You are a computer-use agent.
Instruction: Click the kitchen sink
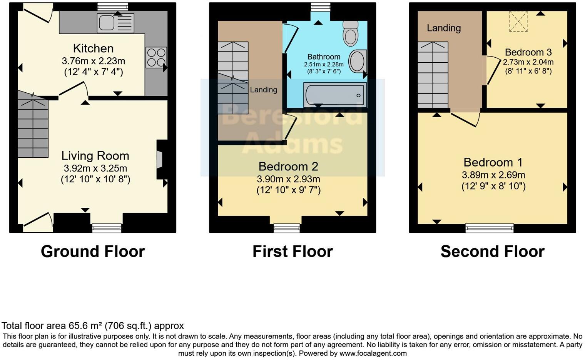tap(115, 23)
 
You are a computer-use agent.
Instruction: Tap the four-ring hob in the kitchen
tap(156, 57)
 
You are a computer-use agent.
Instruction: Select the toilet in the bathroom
tap(350, 33)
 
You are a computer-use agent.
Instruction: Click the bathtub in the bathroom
tap(335, 95)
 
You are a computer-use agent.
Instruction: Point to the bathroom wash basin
tap(358, 62)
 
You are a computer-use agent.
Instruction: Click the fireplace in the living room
tap(160, 160)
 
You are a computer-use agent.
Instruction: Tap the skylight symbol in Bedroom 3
tap(518, 22)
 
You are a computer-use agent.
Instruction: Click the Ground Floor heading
tap(93, 252)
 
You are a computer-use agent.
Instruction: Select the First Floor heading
tap(292, 252)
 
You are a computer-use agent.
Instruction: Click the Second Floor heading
tap(492, 252)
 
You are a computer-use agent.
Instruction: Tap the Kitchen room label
tap(93, 48)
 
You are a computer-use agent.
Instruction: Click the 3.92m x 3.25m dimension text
tap(95, 168)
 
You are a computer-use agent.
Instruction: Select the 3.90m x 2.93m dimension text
tap(288, 179)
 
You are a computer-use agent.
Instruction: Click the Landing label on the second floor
tap(444, 28)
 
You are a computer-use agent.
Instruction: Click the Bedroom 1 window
tap(490, 228)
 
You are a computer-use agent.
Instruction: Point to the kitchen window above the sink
tap(112, 6)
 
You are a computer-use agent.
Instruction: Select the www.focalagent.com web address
tap(373, 353)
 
